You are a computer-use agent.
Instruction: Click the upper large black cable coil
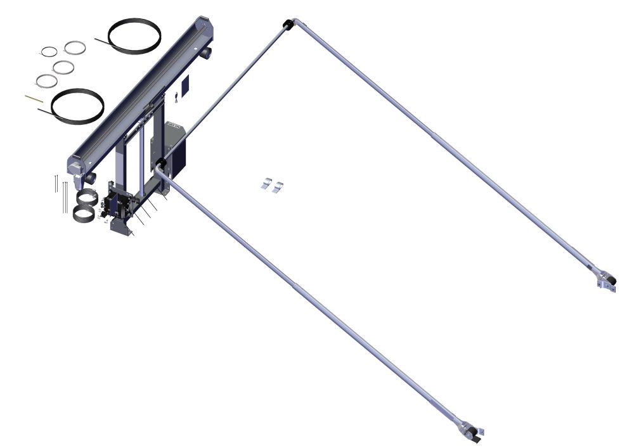click(x=134, y=34)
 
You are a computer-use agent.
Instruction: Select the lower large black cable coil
click(x=77, y=105)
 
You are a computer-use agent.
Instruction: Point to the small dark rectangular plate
click(x=185, y=87)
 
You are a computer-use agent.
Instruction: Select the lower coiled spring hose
click(x=84, y=214)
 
